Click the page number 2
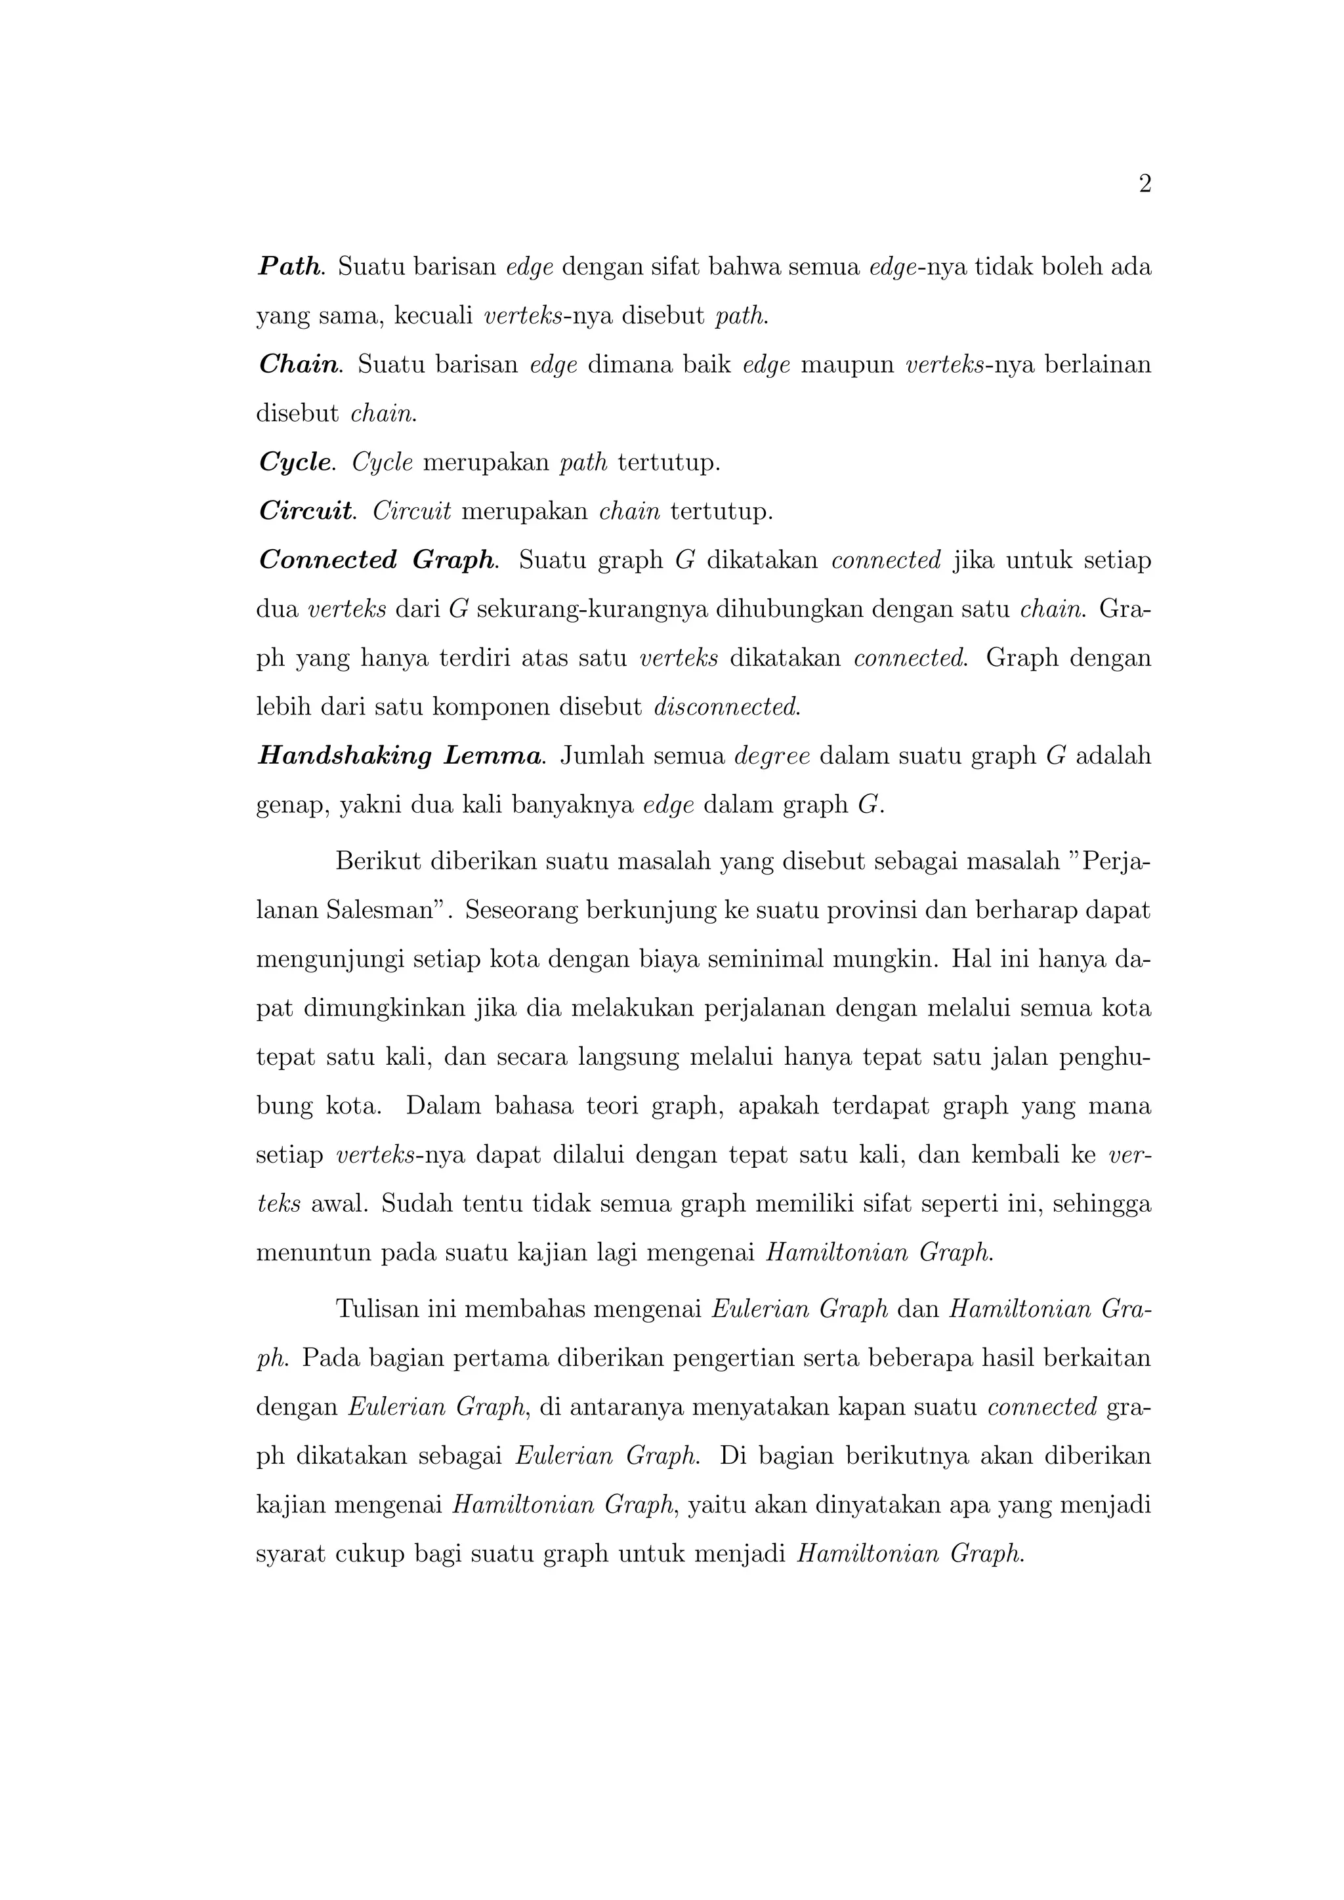1144,184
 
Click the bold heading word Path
289,266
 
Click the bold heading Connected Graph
377,560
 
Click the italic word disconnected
726,707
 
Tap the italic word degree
771,756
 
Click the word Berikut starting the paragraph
377,861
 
